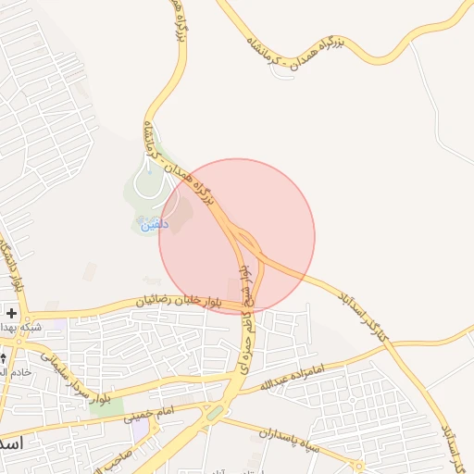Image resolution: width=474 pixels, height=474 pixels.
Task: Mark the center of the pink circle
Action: tap(237, 236)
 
